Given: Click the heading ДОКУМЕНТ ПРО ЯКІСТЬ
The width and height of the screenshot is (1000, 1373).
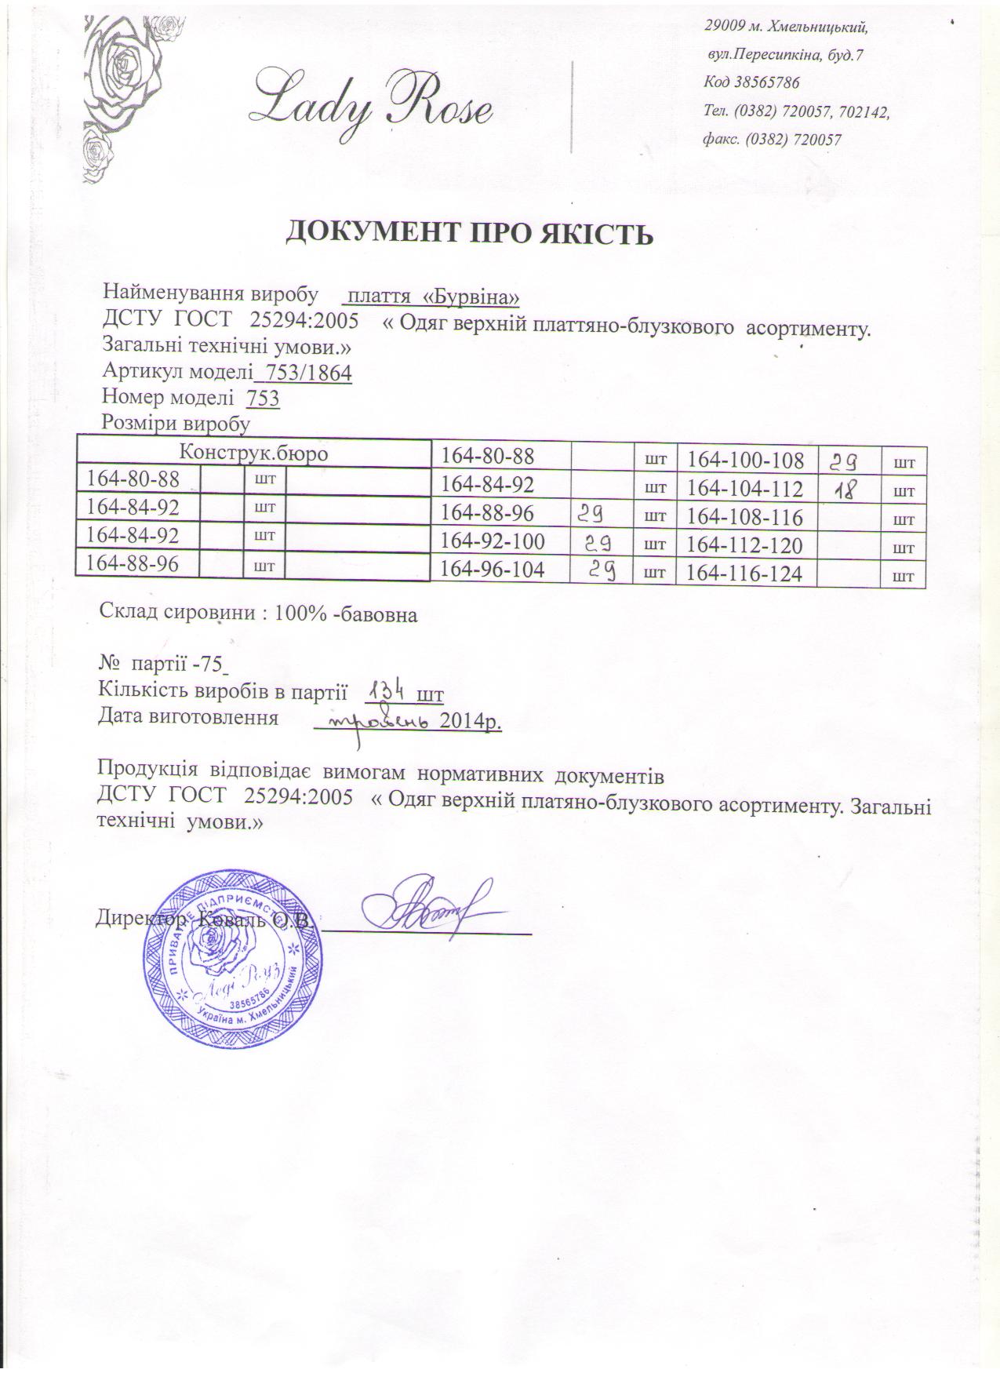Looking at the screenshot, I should (468, 232).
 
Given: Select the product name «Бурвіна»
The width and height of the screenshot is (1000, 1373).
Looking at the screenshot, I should (471, 297).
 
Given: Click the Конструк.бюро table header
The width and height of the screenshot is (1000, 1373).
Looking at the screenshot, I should (253, 453).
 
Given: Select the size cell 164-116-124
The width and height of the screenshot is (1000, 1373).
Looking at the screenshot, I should (744, 574).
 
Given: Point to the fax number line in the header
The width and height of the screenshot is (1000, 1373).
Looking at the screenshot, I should (773, 140).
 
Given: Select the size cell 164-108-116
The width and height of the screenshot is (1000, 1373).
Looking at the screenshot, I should (744, 518).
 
